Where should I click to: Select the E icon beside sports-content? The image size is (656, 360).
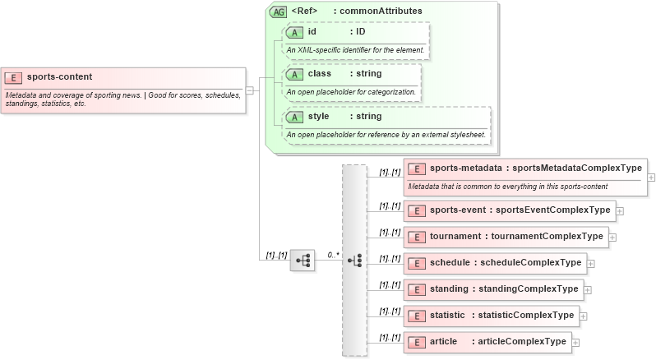[x=13, y=77]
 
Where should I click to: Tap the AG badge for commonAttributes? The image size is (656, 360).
[x=278, y=11]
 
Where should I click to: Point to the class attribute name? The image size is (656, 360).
[x=319, y=74]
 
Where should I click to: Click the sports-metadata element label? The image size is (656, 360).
[x=465, y=168]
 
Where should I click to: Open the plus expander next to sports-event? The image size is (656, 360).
[x=620, y=210]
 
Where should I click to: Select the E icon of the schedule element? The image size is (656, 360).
[x=417, y=263]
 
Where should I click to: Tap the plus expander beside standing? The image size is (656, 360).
[x=588, y=289]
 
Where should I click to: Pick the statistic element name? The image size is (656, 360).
[x=448, y=315]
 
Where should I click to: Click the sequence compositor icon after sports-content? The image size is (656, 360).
[x=303, y=260]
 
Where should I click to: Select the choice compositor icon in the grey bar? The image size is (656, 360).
[x=354, y=260]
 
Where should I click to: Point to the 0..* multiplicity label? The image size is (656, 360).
[x=333, y=255]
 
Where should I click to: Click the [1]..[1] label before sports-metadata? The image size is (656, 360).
[x=390, y=173]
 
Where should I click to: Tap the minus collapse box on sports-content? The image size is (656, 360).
[x=249, y=90]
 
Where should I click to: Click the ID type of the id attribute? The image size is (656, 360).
[x=360, y=32]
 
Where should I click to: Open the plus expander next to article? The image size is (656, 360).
[x=575, y=342]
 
